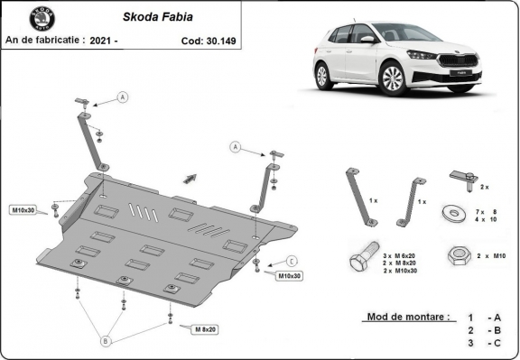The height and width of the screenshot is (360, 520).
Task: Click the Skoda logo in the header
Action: pyautogui.click(x=42, y=18)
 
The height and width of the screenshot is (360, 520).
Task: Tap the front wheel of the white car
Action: pyautogui.click(x=393, y=80)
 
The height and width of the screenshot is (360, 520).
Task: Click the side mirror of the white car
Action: pyautogui.click(x=367, y=40)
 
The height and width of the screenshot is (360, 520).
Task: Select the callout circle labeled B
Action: pyautogui.click(x=105, y=341)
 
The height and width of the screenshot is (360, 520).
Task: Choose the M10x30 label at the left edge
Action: pyautogui.click(x=23, y=210)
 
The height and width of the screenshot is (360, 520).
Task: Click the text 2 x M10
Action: pyautogui.click(x=492, y=257)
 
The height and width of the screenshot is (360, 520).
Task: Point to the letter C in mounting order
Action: pyautogui.click(x=495, y=344)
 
